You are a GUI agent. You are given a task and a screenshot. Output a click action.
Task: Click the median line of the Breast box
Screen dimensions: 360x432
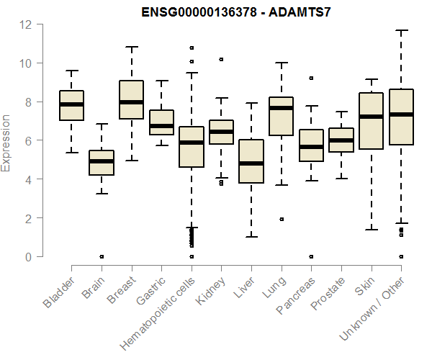pos(131,102)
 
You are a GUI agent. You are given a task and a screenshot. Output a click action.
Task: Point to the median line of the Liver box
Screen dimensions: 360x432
pos(251,163)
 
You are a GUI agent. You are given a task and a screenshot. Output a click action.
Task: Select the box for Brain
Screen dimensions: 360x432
pos(101,163)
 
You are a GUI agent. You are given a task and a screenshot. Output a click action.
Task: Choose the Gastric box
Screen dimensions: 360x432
pos(161,122)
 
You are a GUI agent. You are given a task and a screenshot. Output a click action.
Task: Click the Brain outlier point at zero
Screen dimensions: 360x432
pos(102,256)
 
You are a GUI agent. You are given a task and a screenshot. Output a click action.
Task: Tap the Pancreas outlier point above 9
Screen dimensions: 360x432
pos(311,78)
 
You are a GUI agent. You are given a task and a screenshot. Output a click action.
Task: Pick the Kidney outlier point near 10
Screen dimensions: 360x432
pos(221,59)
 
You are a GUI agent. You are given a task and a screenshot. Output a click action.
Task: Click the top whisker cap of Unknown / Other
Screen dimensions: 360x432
pos(401,31)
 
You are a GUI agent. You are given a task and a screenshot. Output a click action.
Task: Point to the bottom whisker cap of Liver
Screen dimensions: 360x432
pos(251,237)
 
